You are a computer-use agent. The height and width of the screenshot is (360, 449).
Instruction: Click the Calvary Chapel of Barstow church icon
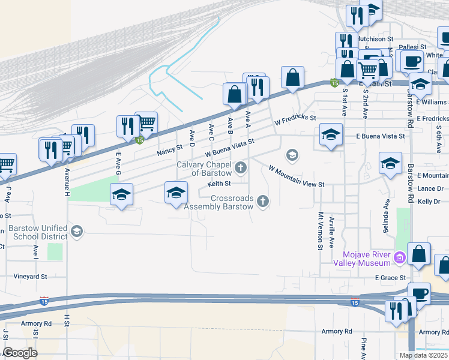[x=241, y=167]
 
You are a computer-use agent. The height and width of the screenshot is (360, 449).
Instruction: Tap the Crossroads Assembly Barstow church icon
[x=262, y=201]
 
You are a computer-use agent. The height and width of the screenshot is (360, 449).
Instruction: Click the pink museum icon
[x=400, y=257]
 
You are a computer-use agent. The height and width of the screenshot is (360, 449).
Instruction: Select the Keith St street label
[x=219, y=184]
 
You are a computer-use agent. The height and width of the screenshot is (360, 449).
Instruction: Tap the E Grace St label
[x=391, y=278]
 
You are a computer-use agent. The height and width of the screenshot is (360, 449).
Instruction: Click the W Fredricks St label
[x=295, y=119]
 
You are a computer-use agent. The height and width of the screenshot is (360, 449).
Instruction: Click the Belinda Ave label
[x=386, y=213]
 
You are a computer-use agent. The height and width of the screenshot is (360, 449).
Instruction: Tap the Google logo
[x=20, y=353]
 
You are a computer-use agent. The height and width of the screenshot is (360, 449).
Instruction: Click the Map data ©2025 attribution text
[x=423, y=355]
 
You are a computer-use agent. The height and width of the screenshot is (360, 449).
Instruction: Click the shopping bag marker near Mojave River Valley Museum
[x=419, y=254]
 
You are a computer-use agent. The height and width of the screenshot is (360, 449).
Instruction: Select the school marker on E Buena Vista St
[x=330, y=135]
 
